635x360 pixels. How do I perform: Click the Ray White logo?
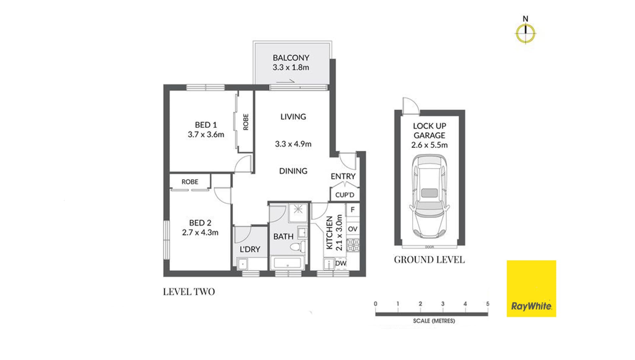click(x=531, y=289)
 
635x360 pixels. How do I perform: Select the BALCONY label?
click(x=291, y=58)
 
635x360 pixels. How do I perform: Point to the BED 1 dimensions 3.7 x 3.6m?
click(x=206, y=134)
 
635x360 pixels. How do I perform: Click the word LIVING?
click(x=293, y=116)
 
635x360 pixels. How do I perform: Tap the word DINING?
click(x=293, y=171)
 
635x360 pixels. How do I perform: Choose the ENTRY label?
click(x=343, y=176)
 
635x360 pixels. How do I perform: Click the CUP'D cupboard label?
click(x=345, y=195)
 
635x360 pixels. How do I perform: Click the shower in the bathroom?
click(x=298, y=212)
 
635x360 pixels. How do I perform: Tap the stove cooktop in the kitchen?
click(x=353, y=245)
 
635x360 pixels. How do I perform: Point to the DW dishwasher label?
click(x=341, y=263)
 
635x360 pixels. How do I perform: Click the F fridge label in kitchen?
click(x=353, y=209)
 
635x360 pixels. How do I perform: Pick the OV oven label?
click(x=353, y=229)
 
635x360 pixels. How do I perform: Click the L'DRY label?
click(x=250, y=249)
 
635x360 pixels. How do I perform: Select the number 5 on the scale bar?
click(x=487, y=303)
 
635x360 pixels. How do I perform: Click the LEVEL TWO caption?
click(x=189, y=292)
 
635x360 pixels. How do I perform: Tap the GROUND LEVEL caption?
click(x=429, y=259)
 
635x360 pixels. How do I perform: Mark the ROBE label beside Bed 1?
click(x=246, y=122)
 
